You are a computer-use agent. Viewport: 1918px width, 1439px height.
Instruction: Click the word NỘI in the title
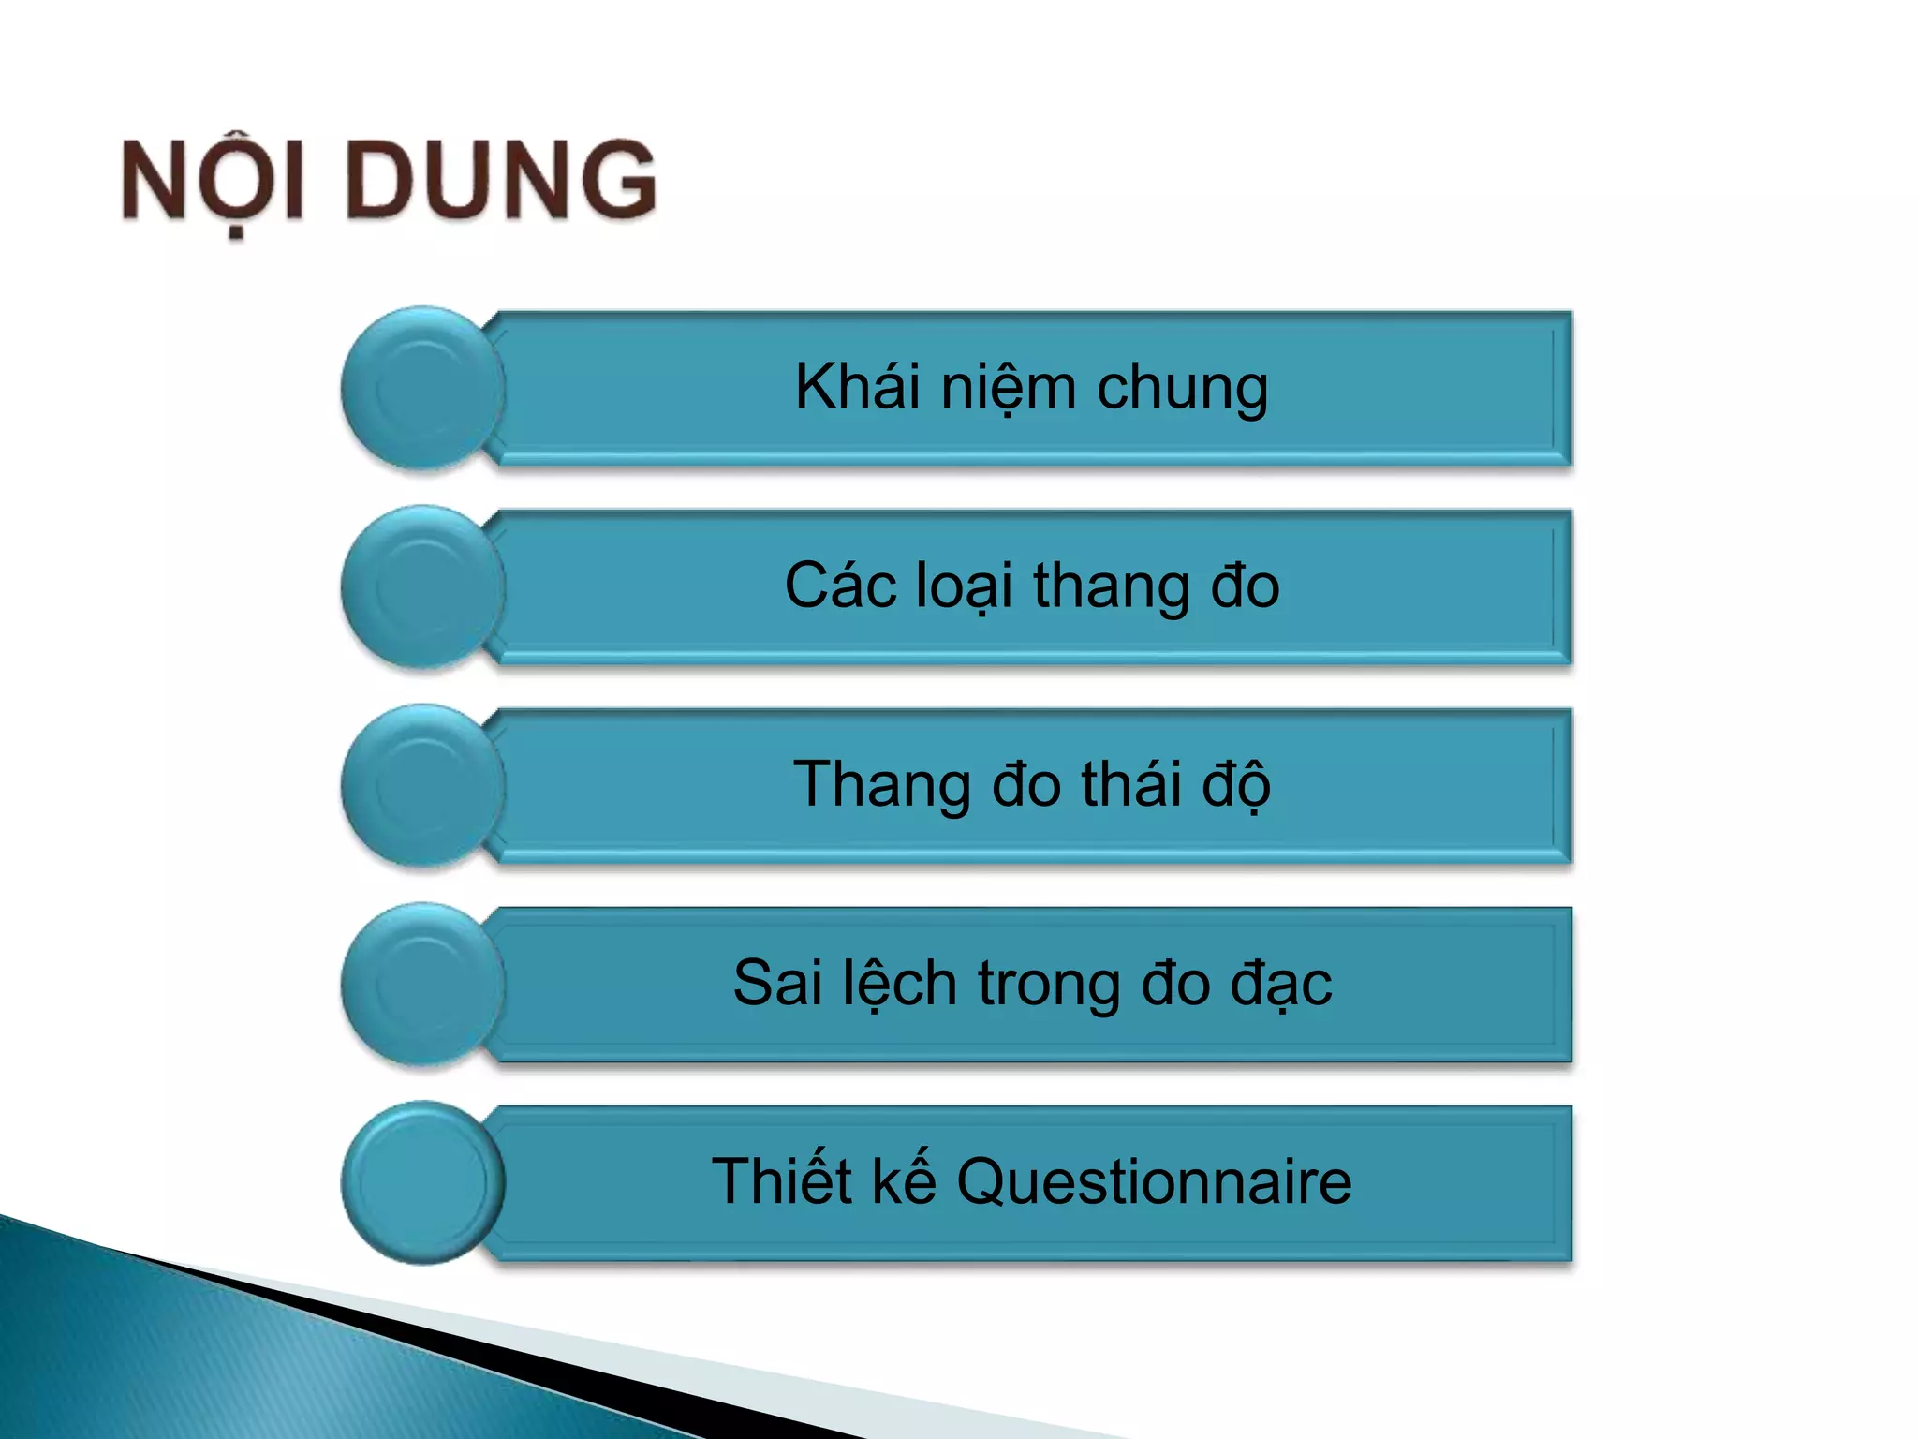213,181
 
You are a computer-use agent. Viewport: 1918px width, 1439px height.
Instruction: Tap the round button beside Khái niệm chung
422,388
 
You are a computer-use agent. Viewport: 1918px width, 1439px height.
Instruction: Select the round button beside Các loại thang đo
422,587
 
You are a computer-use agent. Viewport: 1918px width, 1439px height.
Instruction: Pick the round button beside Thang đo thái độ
422,786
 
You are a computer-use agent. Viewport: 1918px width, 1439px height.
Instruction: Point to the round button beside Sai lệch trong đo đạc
422,985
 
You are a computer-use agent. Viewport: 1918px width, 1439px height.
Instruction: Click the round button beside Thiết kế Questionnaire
422,1183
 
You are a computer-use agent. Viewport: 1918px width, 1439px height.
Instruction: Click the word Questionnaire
1154,1181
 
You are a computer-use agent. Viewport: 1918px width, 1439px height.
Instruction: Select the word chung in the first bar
1183,388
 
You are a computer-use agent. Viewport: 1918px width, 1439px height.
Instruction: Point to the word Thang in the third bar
881,785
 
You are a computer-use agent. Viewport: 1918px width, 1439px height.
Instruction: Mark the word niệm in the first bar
1008,388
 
